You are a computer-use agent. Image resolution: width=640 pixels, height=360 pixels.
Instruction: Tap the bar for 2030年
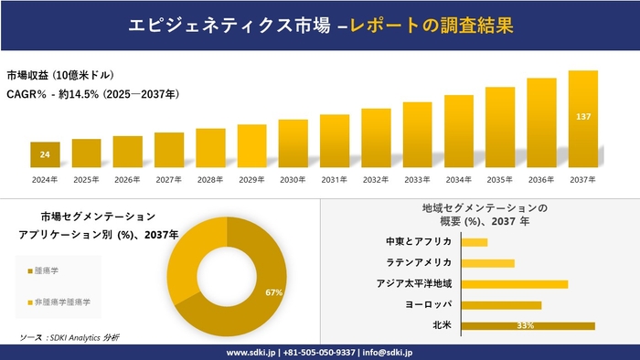tap(293, 143)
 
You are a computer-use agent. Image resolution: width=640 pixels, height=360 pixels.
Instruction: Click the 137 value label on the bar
tap(583, 117)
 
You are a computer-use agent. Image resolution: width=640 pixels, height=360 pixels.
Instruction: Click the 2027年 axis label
tap(169, 180)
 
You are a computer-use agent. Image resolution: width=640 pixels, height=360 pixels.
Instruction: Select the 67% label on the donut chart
tap(273, 292)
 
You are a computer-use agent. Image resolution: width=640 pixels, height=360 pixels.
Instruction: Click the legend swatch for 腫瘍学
tap(30, 271)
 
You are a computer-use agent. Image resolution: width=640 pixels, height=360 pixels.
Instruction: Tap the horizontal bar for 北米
tap(528, 325)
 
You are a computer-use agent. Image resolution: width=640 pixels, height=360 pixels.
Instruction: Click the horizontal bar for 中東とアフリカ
tap(475, 242)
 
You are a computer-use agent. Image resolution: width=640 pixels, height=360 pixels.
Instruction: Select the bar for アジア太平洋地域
tap(515, 284)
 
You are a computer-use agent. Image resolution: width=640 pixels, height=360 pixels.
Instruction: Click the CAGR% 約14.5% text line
tap(92, 94)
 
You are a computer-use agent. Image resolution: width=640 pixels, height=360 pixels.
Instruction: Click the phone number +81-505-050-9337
tap(322, 352)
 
